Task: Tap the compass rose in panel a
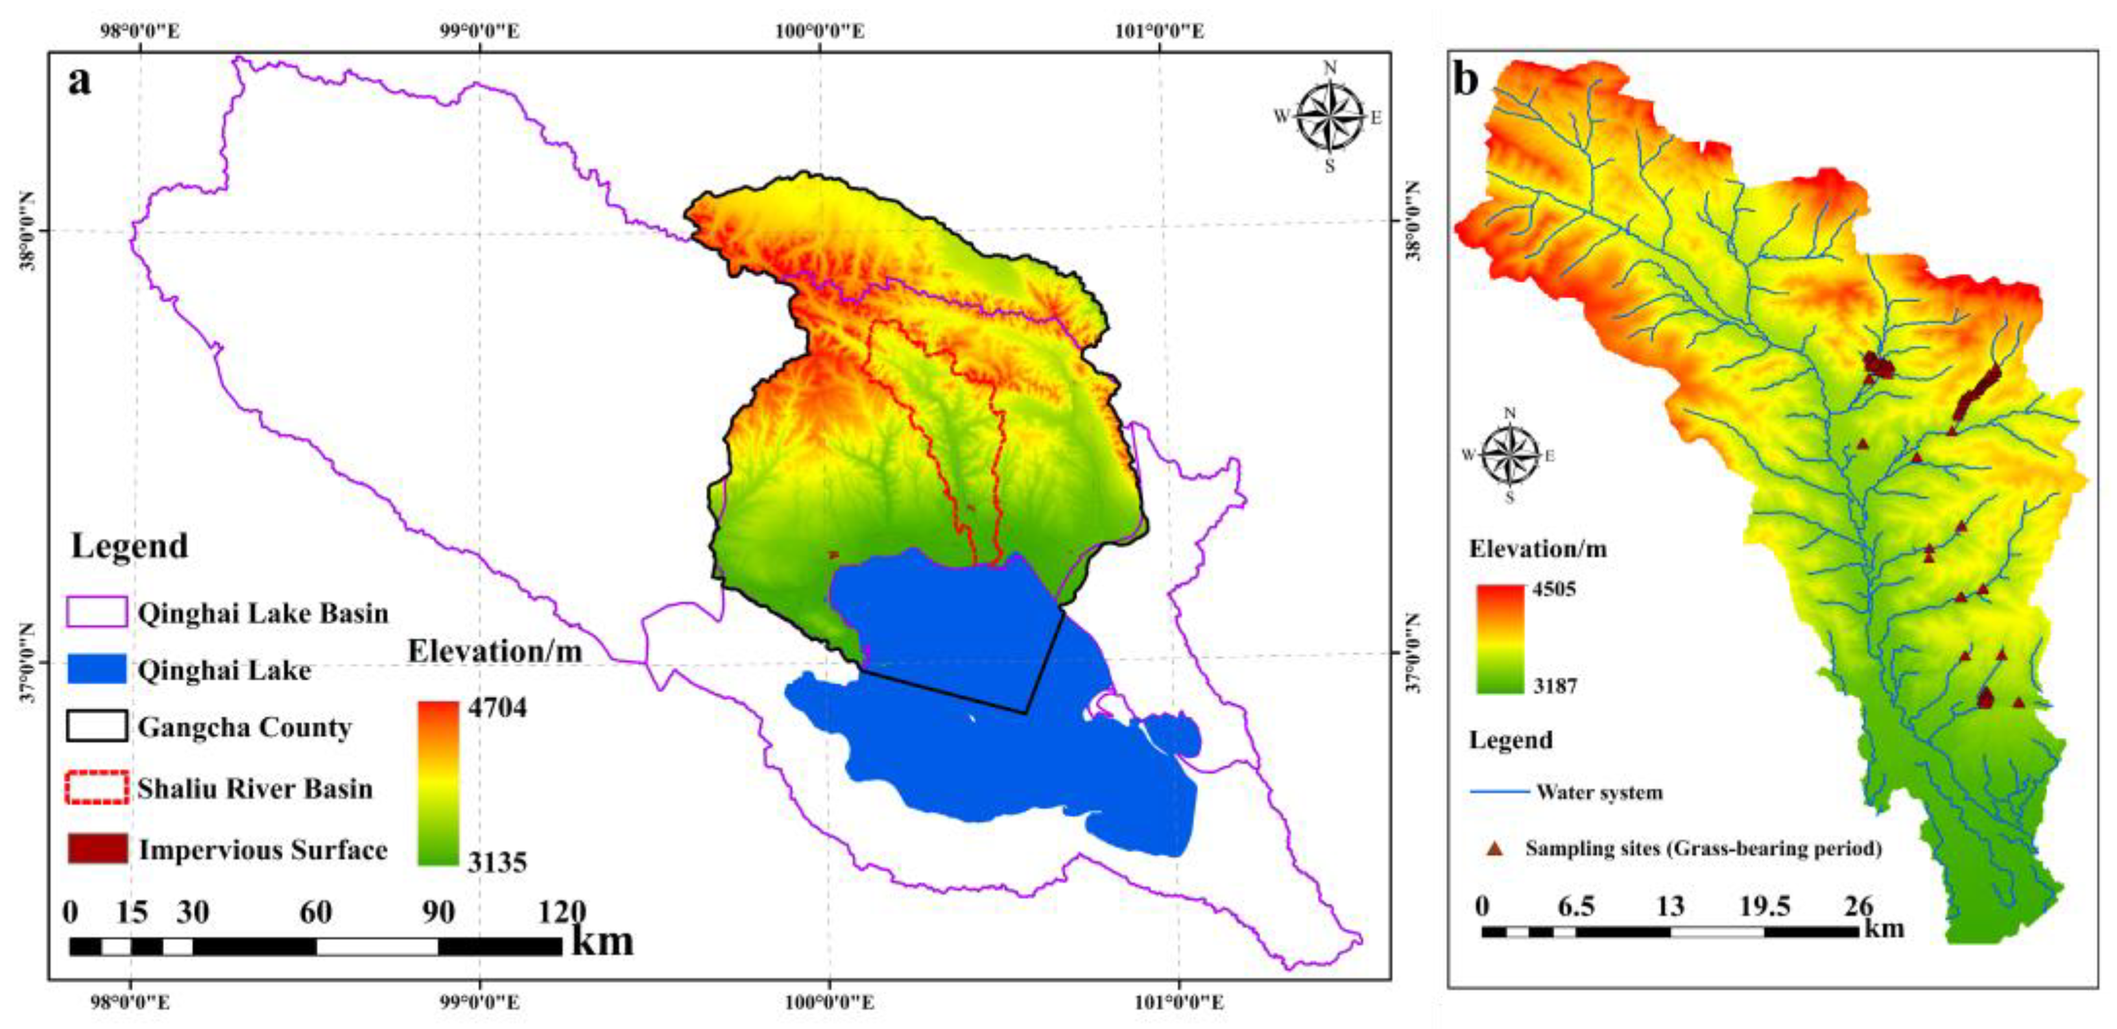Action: [x=1329, y=117]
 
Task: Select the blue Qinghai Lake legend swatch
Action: [x=97, y=670]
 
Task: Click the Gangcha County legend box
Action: [x=97, y=727]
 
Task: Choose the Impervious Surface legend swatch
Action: [x=97, y=848]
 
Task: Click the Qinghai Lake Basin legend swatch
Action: [x=97, y=612]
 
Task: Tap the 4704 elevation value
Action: [x=497, y=708]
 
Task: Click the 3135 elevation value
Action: [x=497, y=862]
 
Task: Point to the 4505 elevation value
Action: [x=1554, y=589]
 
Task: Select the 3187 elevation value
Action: [x=1555, y=685]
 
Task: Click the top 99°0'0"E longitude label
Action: [x=480, y=31]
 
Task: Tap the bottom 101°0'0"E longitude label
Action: [x=1179, y=1002]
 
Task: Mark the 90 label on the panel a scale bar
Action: [x=438, y=912]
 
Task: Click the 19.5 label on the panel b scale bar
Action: [x=1764, y=906]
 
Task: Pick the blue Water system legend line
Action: [x=1499, y=792]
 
